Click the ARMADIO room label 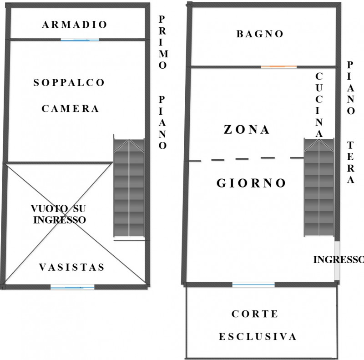coord(75,25)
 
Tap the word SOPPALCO coord(69,83)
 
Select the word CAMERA coord(71,109)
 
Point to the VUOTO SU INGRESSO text coord(58,214)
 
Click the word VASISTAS coord(71,267)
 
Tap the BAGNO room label coord(260,34)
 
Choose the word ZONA coord(247,130)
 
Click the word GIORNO coord(251,183)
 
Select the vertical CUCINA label coord(319,105)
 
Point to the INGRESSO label coord(338,259)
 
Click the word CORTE coord(255,314)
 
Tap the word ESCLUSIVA coord(258,337)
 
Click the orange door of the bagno coord(278,67)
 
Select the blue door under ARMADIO coord(80,40)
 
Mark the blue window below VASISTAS coord(72,287)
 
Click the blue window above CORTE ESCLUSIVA coord(253,285)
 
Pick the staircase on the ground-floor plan coord(319,188)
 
